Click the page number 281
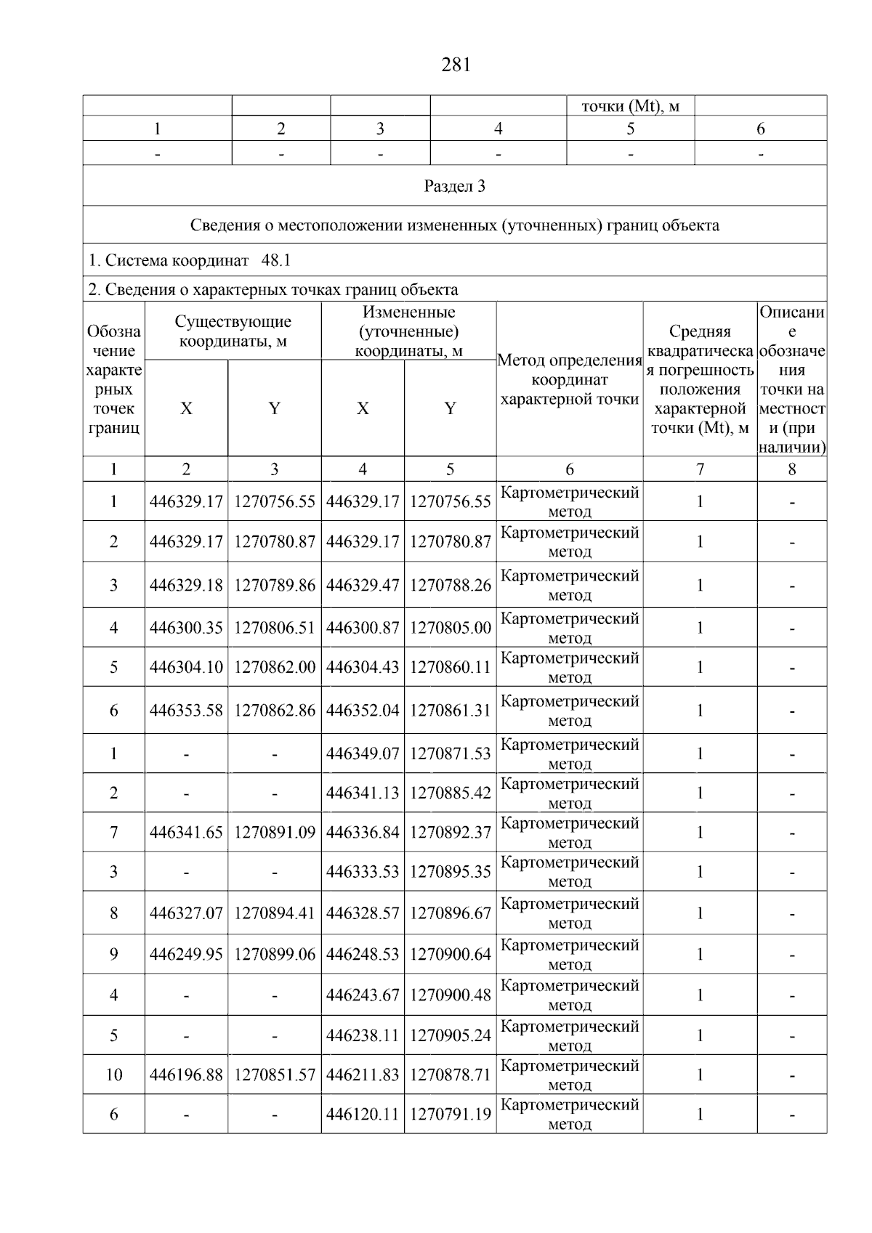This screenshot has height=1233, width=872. click(x=456, y=65)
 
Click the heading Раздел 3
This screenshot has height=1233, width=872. click(x=454, y=186)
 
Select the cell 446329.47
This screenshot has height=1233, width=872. click(x=363, y=585)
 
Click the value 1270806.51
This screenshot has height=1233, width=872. click(x=275, y=628)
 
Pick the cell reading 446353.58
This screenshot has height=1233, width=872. click(x=186, y=711)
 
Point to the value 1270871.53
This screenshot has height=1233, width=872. click(x=450, y=753)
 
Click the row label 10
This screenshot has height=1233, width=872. click(x=113, y=1075)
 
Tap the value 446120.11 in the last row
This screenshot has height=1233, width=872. click(x=363, y=1114)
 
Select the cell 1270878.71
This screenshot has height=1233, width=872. click(x=450, y=1075)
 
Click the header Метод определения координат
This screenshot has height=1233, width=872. click(x=570, y=379)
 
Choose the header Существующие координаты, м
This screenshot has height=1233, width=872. click(x=233, y=331)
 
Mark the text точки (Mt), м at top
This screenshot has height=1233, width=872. click(x=630, y=106)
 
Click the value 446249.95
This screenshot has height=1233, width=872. click(x=186, y=954)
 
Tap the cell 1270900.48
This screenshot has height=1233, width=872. click(x=450, y=995)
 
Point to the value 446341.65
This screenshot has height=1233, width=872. click(x=186, y=832)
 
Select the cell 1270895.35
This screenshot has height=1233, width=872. click(x=450, y=871)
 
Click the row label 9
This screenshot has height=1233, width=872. click(x=113, y=954)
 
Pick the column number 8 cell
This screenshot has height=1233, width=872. click(x=791, y=469)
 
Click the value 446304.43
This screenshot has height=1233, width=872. click(x=363, y=667)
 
